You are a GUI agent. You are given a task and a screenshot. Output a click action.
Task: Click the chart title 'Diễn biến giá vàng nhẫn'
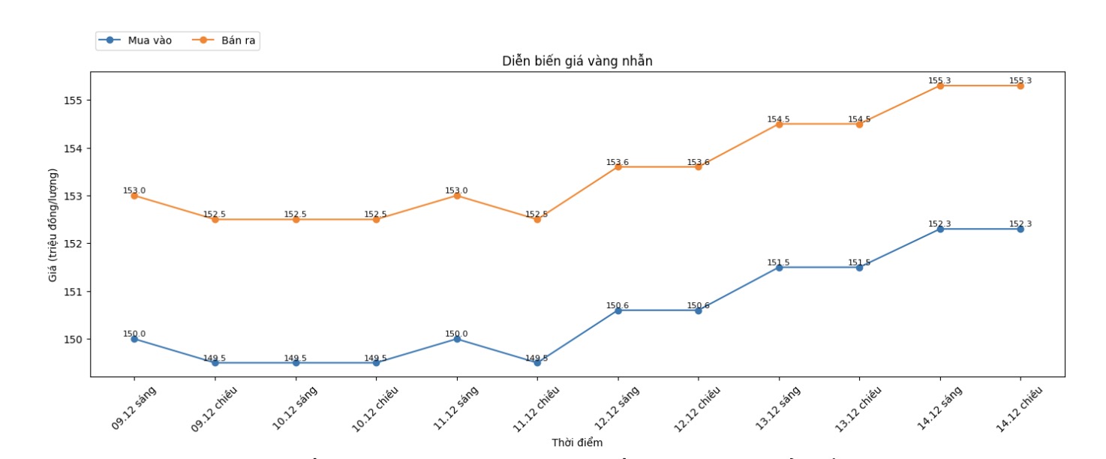[x=577, y=61]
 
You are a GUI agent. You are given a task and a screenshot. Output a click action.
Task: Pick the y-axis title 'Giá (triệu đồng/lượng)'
[x=53, y=223]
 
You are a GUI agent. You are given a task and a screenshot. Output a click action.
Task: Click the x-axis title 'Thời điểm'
[x=577, y=442]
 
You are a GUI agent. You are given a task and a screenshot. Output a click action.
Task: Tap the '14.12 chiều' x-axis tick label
[x=1019, y=409]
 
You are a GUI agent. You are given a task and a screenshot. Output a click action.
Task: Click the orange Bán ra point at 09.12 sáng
[x=134, y=196]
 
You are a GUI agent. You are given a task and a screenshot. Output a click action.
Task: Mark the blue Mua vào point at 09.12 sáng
[x=134, y=339]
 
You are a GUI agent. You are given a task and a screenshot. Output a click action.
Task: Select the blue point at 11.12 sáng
[x=457, y=339]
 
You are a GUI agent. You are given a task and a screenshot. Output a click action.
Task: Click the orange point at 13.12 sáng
[x=779, y=124]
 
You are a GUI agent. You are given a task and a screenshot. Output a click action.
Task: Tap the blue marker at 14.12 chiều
[x=1020, y=229]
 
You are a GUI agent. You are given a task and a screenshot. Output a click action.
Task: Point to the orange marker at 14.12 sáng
[x=940, y=85]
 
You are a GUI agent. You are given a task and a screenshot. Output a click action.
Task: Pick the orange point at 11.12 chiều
[x=537, y=220]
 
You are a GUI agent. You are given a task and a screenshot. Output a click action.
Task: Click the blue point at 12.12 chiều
[x=699, y=310]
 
